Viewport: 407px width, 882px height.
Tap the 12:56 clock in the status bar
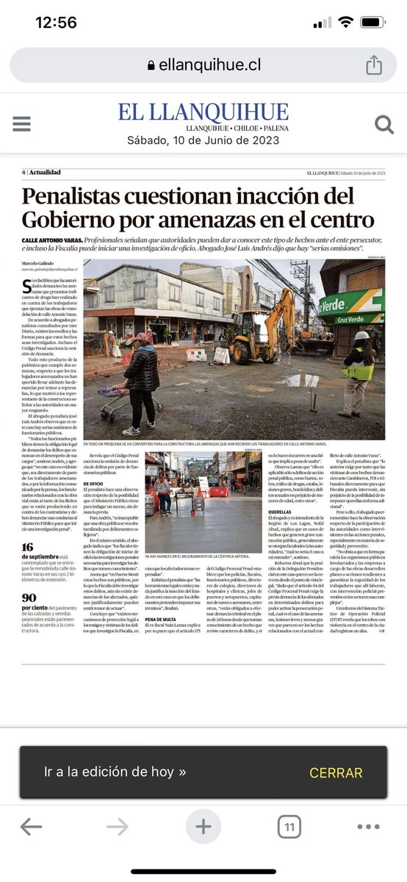56,22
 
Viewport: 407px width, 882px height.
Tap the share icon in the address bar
373,65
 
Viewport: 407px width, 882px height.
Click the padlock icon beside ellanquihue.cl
151,65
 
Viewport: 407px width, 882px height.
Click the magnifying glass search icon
384,124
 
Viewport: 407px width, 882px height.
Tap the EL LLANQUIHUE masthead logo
203,112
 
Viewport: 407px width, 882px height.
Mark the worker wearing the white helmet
359,367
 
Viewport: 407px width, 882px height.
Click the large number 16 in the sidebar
28,547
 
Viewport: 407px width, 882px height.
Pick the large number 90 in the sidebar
29,598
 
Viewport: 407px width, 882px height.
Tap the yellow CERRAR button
336,772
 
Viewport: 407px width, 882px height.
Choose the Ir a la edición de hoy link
115,772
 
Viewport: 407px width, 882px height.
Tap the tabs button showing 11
289,827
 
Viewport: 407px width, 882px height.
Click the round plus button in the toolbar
203,827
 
